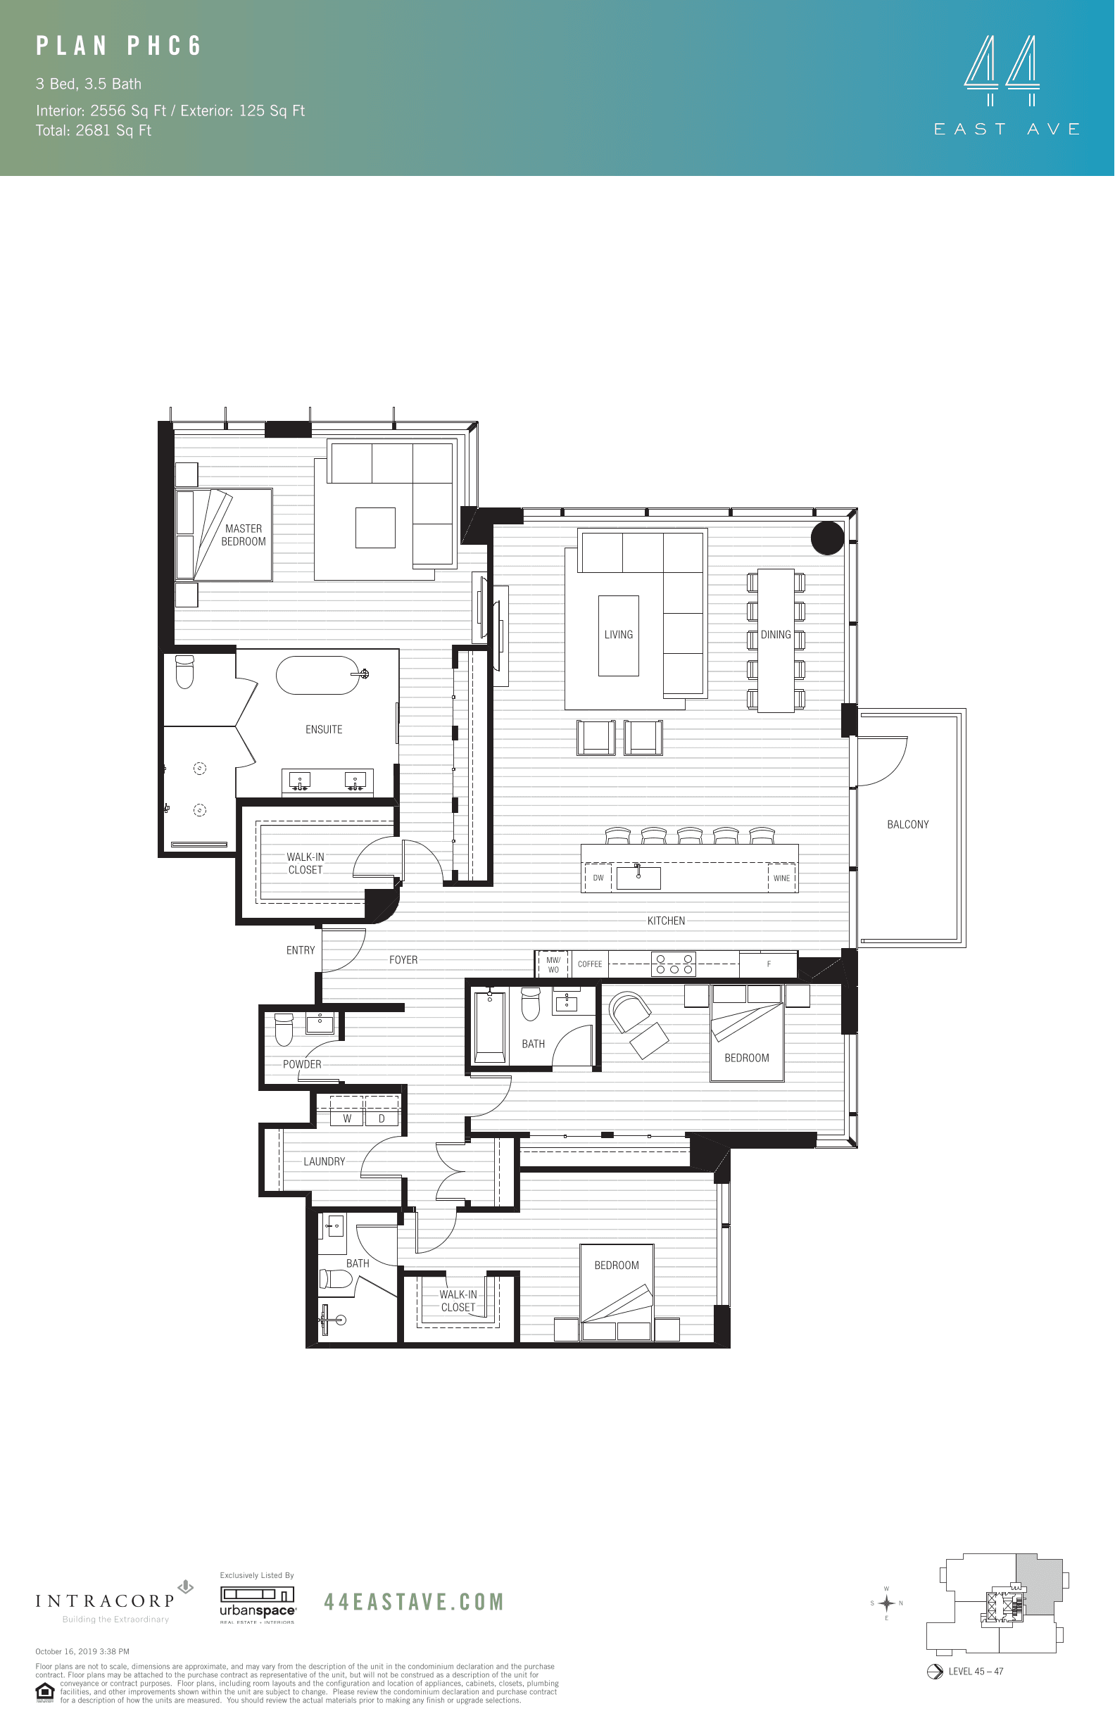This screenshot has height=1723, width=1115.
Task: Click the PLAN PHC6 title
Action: tap(119, 46)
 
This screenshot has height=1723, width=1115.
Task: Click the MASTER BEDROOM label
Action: tap(244, 535)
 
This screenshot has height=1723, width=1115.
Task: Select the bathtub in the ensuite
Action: tap(318, 675)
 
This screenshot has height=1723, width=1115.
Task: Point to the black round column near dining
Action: tap(827, 538)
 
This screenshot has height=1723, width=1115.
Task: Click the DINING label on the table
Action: tap(776, 635)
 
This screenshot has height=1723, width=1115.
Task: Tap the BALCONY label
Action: tap(907, 825)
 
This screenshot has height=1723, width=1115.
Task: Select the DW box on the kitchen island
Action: tap(598, 878)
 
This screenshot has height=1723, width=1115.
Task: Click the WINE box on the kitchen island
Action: tap(781, 878)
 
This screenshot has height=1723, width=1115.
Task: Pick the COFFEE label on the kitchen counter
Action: tap(589, 964)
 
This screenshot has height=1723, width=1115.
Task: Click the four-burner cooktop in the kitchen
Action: tap(674, 964)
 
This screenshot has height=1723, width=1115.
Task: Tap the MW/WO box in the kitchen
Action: tap(553, 965)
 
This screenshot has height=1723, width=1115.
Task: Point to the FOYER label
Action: tap(403, 960)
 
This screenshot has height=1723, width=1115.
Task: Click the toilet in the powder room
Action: tap(284, 1029)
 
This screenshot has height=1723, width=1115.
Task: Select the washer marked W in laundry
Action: tap(347, 1118)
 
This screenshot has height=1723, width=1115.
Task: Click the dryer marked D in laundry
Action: tap(382, 1118)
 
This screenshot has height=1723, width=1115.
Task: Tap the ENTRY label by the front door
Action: tap(301, 951)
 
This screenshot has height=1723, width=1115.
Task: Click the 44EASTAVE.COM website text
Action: tap(413, 1601)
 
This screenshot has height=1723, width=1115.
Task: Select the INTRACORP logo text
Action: tap(105, 1601)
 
